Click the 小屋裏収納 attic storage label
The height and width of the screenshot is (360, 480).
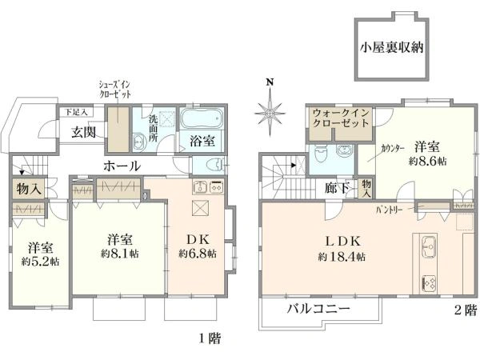[x=390, y=46]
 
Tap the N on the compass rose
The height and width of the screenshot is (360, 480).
[x=270, y=82]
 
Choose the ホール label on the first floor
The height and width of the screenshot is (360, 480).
[x=121, y=166]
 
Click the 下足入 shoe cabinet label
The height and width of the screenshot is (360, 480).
[x=76, y=112]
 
